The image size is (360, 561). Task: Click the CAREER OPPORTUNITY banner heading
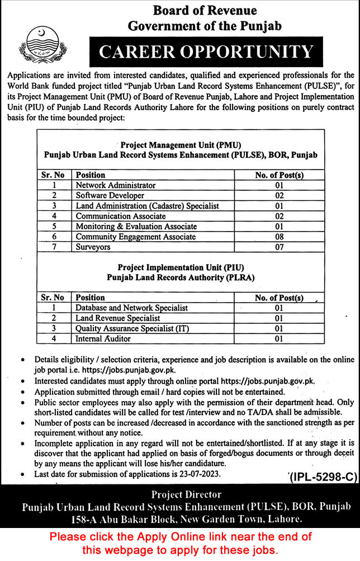[x=206, y=52]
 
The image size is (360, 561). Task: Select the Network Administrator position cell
[x=116, y=185]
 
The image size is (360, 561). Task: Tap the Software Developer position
[x=110, y=196]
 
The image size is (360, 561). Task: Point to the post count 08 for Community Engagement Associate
[x=279, y=237]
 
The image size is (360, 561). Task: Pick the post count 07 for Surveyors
[x=279, y=247]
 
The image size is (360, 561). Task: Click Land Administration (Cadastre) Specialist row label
[x=148, y=206]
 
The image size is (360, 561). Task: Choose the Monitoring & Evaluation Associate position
[x=136, y=227]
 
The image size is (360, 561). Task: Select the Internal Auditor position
[x=103, y=338]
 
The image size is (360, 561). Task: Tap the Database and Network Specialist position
[x=132, y=308]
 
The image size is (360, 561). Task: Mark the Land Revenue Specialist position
[x=118, y=318]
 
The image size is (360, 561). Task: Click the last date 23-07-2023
[x=201, y=474]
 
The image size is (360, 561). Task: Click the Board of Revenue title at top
[x=205, y=11]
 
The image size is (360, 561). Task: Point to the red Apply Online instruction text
[x=180, y=543]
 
